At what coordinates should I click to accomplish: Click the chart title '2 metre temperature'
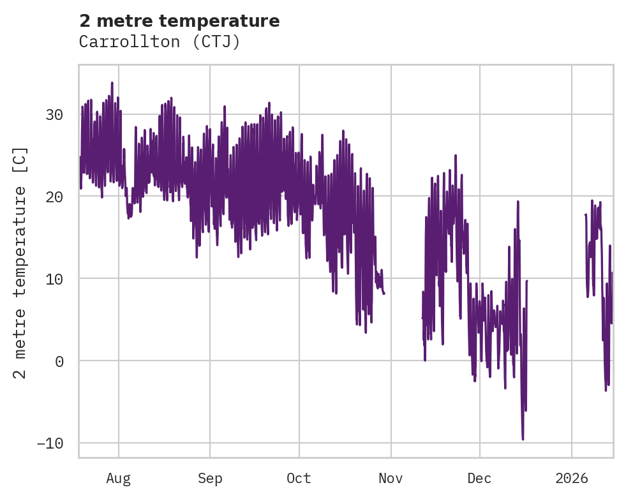tap(179, 21)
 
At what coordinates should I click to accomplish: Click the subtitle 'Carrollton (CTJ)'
tap(160, 42)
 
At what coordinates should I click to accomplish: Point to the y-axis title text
tap(20, 263)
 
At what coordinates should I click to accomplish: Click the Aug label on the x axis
tap(119, 479)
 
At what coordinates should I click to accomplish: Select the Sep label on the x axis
tap(209, 479)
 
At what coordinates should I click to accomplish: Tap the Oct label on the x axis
tap(299, 479)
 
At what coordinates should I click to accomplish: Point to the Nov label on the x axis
tap(391, 479)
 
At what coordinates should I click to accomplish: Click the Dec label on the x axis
tap(479, 479)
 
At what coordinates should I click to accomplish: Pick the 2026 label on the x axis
tap(572, 479)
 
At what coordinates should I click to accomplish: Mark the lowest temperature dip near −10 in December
tap(523, 439)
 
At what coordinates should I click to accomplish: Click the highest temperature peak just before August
tap(112, 82)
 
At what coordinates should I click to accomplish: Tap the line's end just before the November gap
tap(384, 293)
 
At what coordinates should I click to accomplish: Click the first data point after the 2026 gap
tap(585, 214)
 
